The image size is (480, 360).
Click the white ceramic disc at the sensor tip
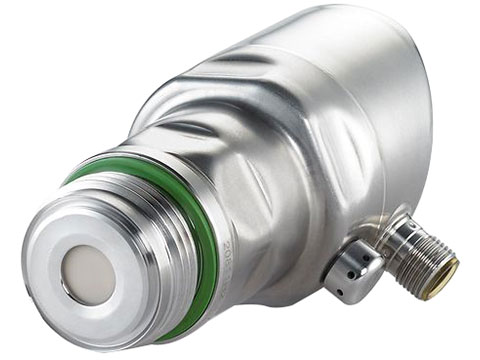(x=88, y=271)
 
